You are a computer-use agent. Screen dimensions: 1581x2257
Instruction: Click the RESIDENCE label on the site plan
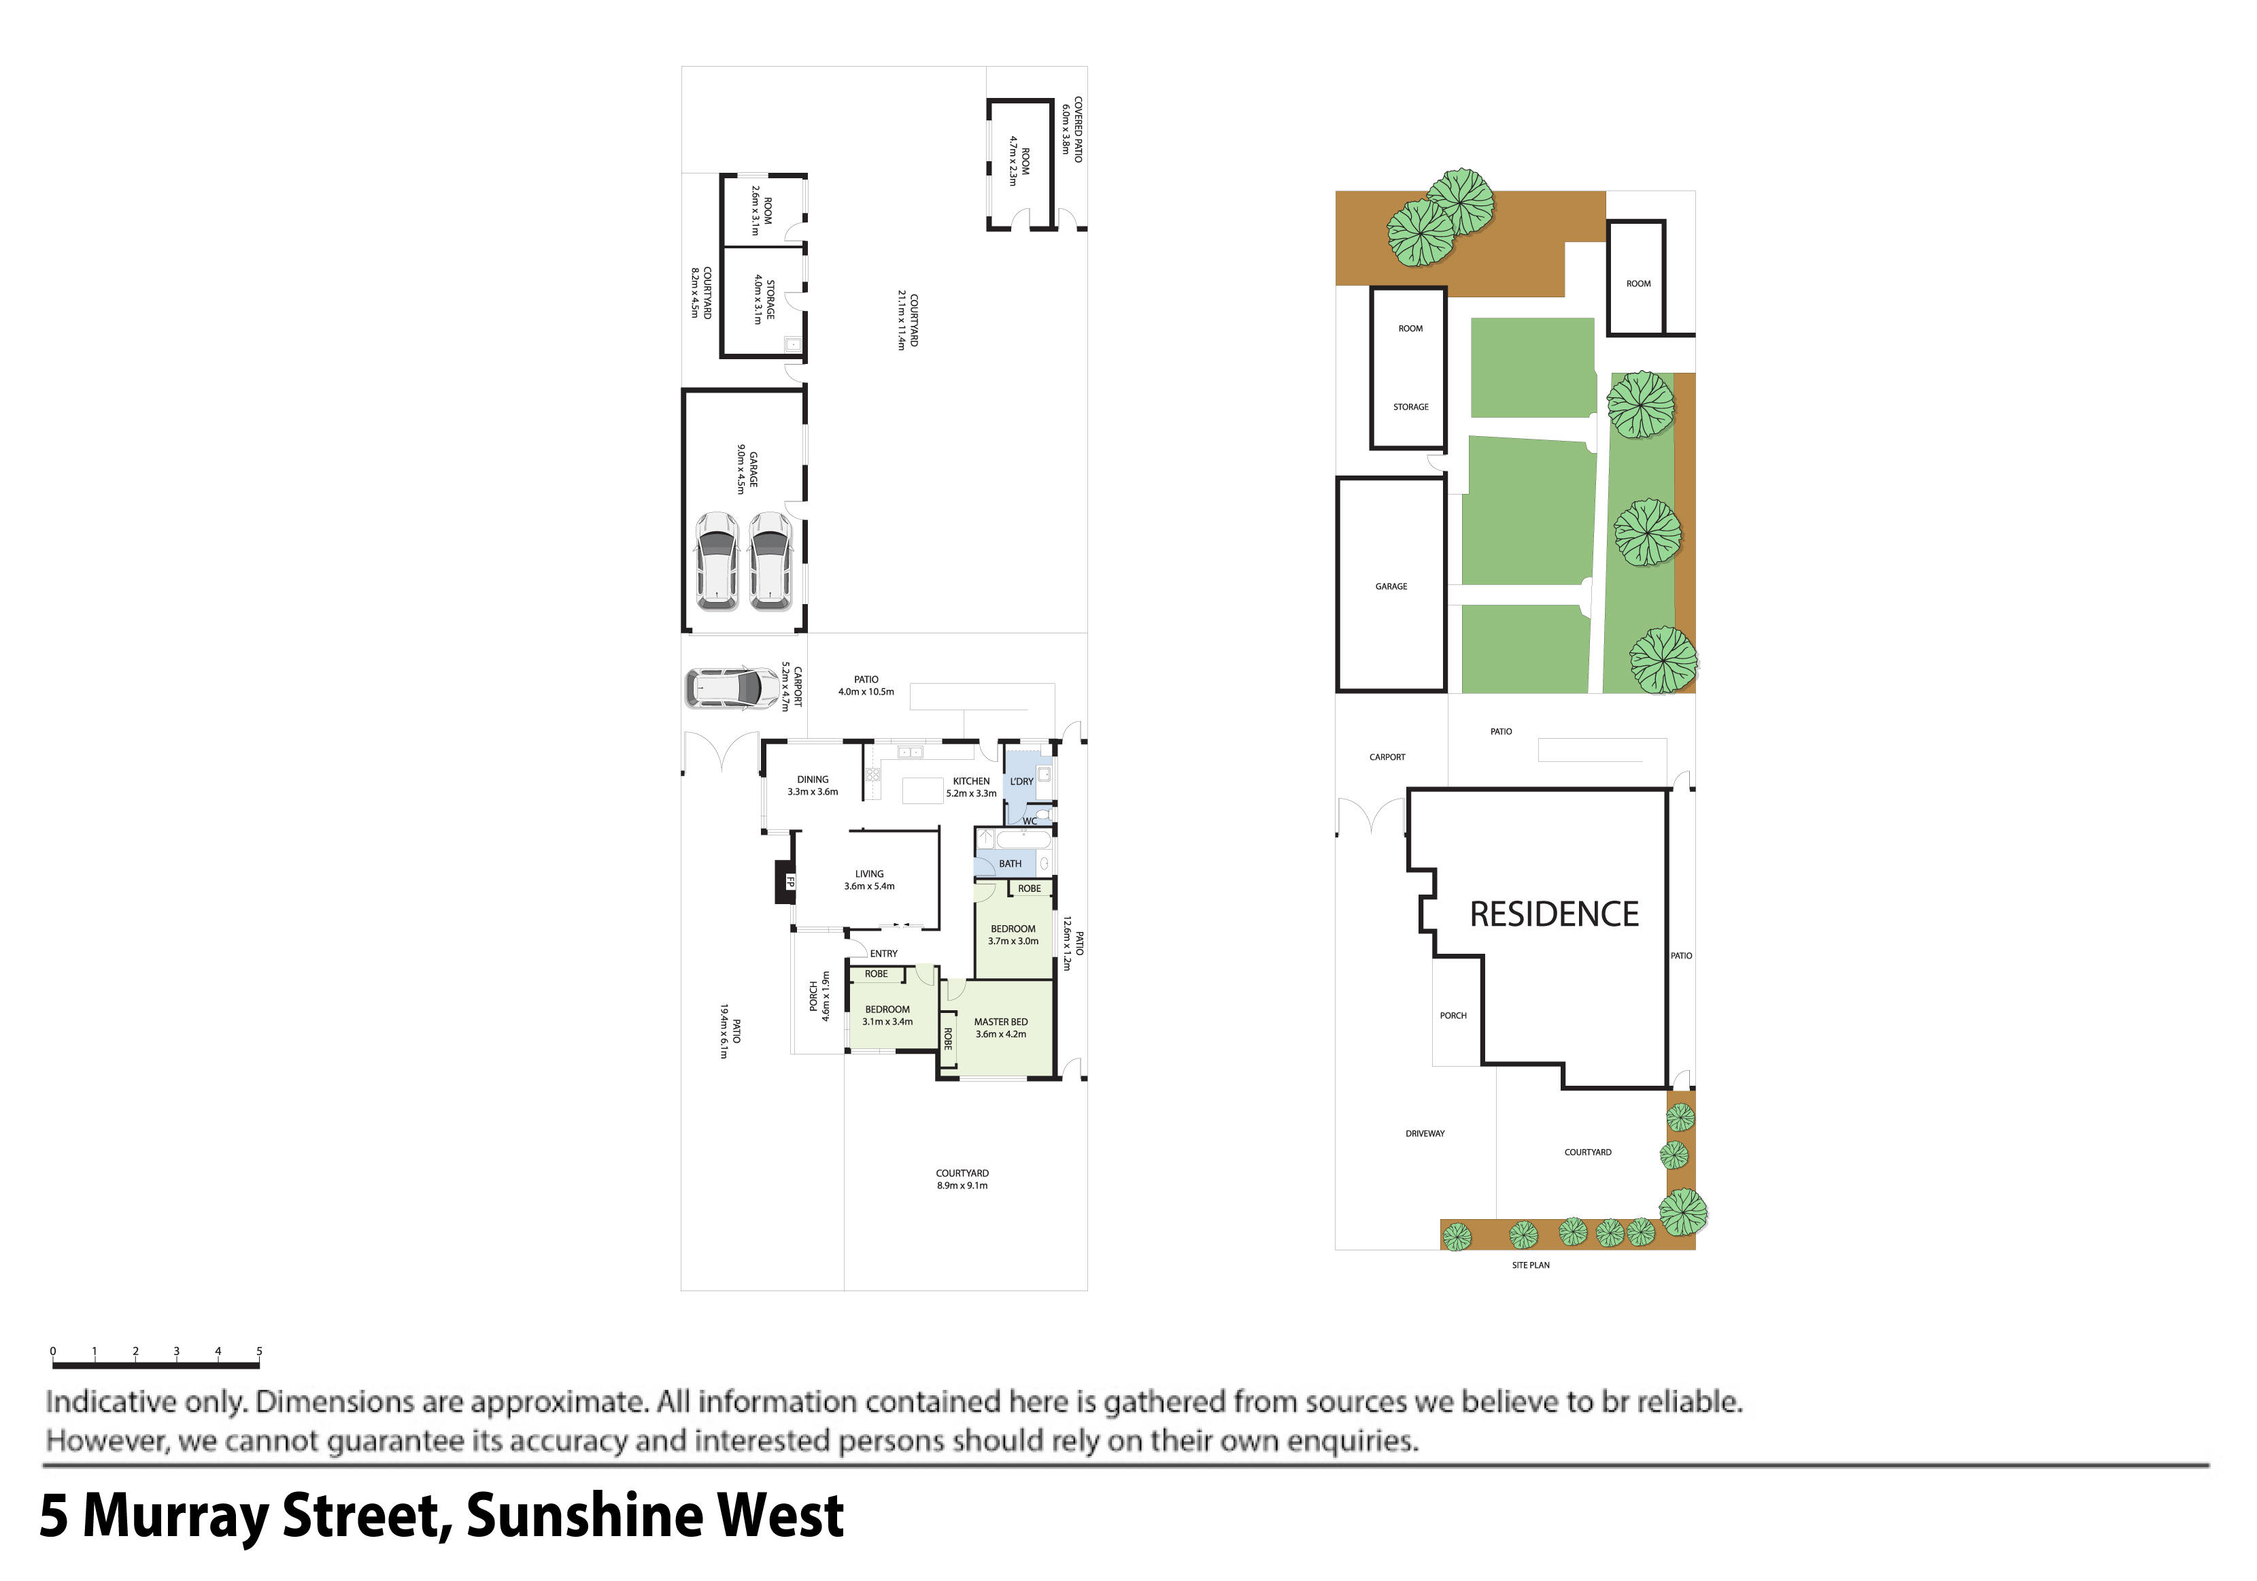(1553, 914)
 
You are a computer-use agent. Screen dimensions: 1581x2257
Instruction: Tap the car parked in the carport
(732, 688)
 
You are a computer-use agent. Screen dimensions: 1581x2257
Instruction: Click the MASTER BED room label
(1001, 1027)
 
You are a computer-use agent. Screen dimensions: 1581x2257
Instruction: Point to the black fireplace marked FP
(785, 882)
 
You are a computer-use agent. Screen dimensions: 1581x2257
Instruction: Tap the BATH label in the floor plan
(1010, 863)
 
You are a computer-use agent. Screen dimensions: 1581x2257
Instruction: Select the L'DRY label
(1021, 782)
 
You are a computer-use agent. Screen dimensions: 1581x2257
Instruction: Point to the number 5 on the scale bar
(260, 1351)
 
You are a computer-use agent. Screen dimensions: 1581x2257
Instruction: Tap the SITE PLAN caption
(1531, 1265)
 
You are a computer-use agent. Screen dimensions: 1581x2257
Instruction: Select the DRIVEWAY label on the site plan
(1425, 1133)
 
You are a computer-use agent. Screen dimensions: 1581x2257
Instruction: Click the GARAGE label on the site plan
(1391, 586)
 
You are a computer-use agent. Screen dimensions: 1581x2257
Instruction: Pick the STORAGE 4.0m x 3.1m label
(764, 300)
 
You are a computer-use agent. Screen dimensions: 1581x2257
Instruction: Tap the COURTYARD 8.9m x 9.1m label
(962, 1179)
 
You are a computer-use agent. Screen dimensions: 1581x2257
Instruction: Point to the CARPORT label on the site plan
(1387, 757)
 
